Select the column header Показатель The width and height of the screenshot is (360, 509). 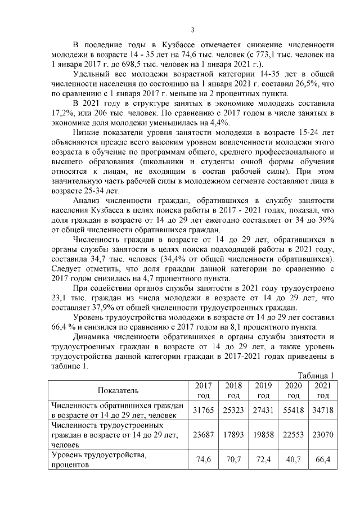(118, 390)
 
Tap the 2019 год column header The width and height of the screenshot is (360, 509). (263, 390)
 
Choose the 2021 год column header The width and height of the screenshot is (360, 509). (323, 390)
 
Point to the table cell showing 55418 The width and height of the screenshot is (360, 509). (293, 410)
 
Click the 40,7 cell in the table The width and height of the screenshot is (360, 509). (293, 460)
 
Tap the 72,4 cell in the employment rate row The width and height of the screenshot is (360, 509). (263, 460)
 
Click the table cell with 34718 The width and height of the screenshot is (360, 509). (323, 410)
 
